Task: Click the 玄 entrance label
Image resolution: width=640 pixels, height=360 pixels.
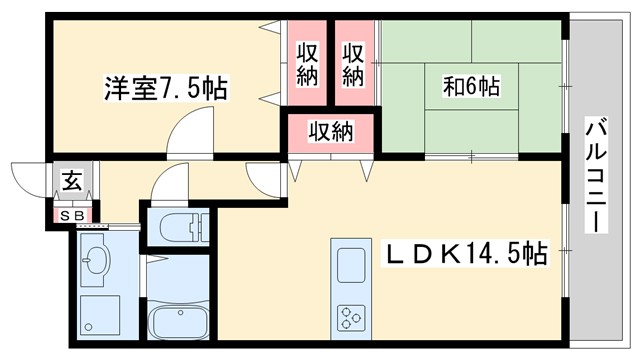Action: point(73,181)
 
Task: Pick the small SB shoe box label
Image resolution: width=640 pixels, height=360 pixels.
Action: point(72,215)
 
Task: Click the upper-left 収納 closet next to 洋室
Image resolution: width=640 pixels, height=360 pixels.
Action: point(307,63)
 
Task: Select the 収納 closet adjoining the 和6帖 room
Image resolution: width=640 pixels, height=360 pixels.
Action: point(354,63)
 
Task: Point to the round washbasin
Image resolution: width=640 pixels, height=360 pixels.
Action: point(97,262)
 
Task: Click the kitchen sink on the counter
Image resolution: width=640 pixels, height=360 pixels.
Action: point(353,266)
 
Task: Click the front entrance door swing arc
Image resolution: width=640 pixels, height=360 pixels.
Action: point(27,180)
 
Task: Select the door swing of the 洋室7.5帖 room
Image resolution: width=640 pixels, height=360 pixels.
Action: point(190,127)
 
